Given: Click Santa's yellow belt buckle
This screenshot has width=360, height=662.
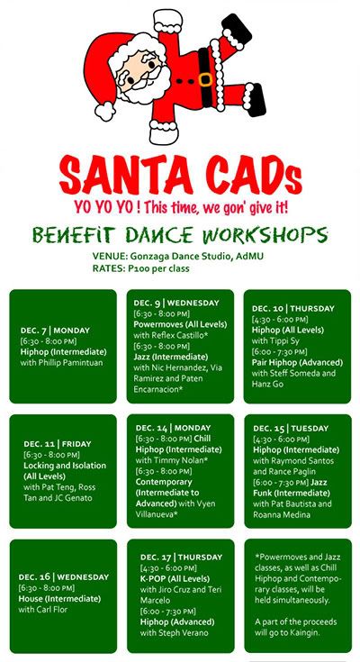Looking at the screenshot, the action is pos(205,79).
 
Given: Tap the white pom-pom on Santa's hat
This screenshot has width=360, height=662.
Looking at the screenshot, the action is pos(104,111).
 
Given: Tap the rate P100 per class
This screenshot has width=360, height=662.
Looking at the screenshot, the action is pos(158,268).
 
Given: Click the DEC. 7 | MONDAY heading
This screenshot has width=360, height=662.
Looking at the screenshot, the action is pos(55,331).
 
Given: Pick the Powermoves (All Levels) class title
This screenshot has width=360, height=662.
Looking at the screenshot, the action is pos(180,324).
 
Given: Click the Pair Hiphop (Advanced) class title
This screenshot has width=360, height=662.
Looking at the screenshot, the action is pos(297,362).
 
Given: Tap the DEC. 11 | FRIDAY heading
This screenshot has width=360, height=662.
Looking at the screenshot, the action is pos(58,444).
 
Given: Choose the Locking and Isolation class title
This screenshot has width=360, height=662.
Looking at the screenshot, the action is pos(65,466).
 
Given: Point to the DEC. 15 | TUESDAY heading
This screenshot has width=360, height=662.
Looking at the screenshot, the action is pos(291,428).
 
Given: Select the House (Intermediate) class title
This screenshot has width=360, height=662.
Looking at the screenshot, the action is pos(59,599).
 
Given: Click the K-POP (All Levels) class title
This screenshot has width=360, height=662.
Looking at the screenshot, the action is pos(175,578).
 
